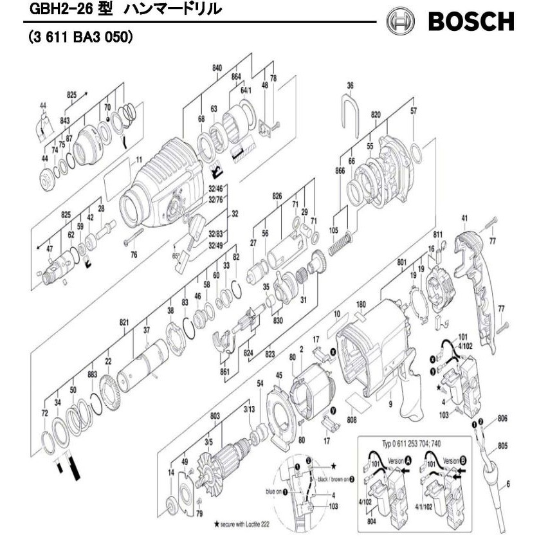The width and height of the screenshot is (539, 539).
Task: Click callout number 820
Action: pyautogui.click(x=376, y=115)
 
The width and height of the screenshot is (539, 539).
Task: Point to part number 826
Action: pyautogui.click(x=277, y=196)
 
